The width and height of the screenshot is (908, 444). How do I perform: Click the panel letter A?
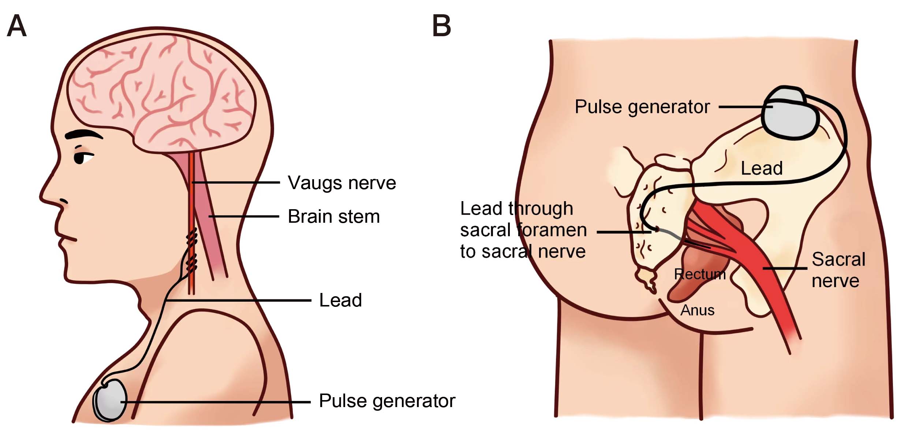(x=17, y=26)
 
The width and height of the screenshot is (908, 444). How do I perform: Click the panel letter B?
(x=441, y=26)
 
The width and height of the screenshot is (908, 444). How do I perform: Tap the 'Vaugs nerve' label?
(x=341, y=183)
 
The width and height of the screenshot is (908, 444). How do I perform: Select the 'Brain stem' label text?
(x=333, y=217)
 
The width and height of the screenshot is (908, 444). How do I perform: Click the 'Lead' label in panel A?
(x=340, y=300)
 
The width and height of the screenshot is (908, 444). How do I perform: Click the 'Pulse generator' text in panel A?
(x=387, y=401)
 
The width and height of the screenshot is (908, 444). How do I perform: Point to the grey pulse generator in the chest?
(x=110, y=400)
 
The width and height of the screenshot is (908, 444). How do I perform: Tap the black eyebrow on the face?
(x=83, y=134)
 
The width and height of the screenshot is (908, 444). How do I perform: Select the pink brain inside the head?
(x=161, y=91)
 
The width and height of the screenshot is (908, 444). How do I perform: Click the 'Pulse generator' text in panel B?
(x=642, y=107)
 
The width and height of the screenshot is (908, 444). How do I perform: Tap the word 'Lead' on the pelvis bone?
(x=762, y=169)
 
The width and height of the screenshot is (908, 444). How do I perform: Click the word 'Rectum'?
(x=699, y=274)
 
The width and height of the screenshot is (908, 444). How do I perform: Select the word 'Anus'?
(x=697, y=311)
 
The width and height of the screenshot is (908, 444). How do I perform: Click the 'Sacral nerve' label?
(x=838, y=270)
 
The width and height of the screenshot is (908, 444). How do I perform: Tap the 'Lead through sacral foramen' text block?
(x=523, y=230)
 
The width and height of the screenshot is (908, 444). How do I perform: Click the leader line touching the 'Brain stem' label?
(x=243, y=217)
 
